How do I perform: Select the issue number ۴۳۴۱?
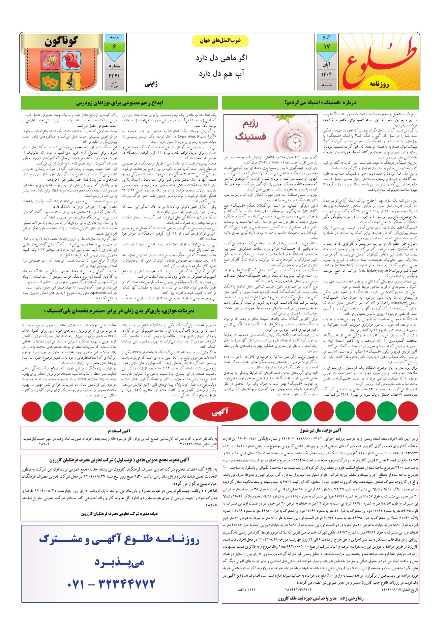tap(115, 76)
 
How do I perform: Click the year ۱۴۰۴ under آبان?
tap(326, 73)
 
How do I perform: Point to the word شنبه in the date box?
tap(326, 85)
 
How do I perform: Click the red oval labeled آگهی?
tap(221, 412)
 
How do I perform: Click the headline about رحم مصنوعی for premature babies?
tap(119, 102)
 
